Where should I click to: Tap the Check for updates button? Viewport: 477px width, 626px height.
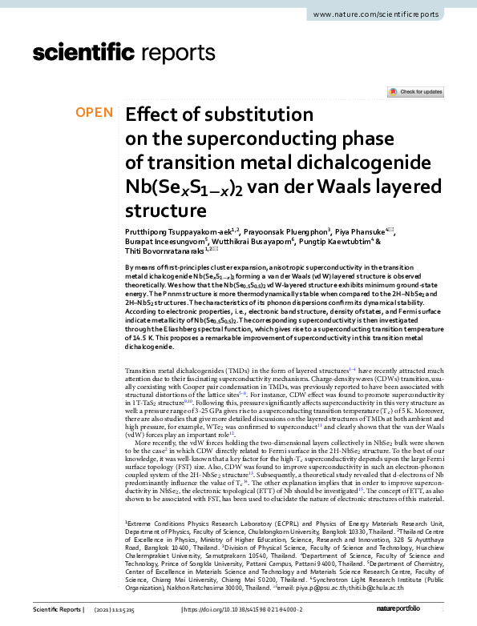point(415,92)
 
